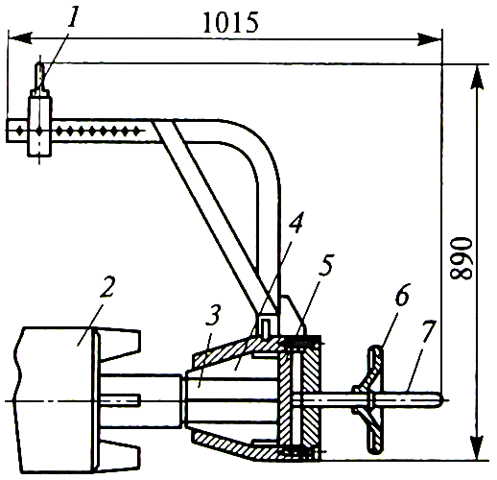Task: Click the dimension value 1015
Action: (x=230, y=23)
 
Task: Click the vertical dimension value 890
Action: (x=461, y=258)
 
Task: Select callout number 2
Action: (x=107, y=286)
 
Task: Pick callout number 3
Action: (x=213, y=314)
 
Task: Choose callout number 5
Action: (x=326, y=264)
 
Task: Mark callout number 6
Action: (x=402, y=295)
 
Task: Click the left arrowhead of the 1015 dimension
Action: (x=19, y=38)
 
